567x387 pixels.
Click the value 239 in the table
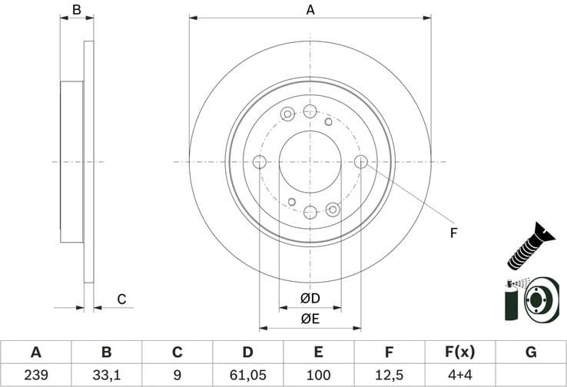click(x=35, y=375)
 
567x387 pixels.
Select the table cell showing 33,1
click(x=106, y=375)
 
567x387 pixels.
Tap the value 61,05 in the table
click(x=247, y=375)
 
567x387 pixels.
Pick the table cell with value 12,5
click(x=389, y=375)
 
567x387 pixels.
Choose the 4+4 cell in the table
click(x=459, y=375)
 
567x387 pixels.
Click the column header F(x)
click(x=459, y=352)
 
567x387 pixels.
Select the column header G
click(x=530, y=352)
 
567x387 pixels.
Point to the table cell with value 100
click(x=318, y=375)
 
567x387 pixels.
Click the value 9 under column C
click(x=177, y=375)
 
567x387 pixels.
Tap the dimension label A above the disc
click(x=310, y=10)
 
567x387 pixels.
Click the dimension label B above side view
click(x=76, y=10)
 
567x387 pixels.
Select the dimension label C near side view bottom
click(x=121, y=299)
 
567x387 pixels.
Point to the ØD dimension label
click(x=310, y=298)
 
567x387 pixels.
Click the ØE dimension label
click(x=310, y=318)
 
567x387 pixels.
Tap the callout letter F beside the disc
click(x=453, y=233)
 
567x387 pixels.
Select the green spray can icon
click(x=510, y=302)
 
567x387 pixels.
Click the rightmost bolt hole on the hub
click(x=361, y=161)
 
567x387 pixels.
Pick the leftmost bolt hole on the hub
click(x=259, y=161)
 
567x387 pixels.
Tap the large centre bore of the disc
click(x=310, y=161)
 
